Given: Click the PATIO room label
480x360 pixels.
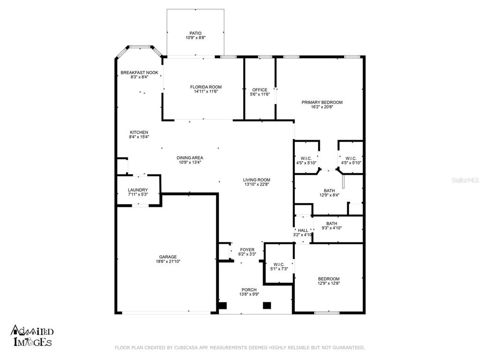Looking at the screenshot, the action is click(195, 33).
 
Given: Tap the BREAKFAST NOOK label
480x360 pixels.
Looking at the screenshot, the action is click(139, 73).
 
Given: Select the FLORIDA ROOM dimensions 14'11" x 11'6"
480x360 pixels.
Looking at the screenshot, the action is click(206, 91).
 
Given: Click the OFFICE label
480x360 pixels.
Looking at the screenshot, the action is click(260, 90).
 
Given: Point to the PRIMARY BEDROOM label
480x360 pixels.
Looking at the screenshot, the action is click(322, 102).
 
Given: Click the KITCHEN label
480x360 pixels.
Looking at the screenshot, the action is click(139, 133).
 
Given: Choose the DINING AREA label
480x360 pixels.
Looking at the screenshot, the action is click(190, 158).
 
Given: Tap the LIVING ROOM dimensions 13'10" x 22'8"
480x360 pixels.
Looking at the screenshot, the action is click(256, 185).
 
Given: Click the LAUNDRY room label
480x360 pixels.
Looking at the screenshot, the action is click(138, 190).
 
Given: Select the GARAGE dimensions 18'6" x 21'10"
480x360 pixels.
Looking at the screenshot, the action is click(168, 262).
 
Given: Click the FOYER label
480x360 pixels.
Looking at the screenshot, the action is click(247, 250).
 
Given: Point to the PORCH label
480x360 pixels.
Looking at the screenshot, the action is click(249, 290).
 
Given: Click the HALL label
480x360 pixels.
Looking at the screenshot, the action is click(303, 231).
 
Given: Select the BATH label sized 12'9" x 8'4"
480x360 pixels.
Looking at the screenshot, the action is click(330, 191).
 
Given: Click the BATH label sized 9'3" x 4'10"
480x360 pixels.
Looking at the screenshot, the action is click(331, 224).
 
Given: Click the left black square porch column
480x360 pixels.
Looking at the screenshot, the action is click(223, 306).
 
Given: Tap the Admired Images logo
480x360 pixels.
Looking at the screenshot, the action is click(32, 336).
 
